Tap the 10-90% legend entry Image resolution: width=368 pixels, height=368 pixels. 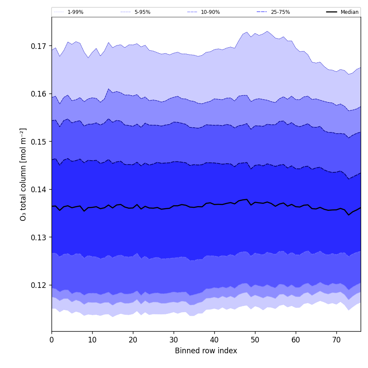[210, 12]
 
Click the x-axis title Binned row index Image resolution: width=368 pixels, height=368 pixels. [206, 351]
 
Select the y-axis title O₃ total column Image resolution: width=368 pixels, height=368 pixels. [23, 174]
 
